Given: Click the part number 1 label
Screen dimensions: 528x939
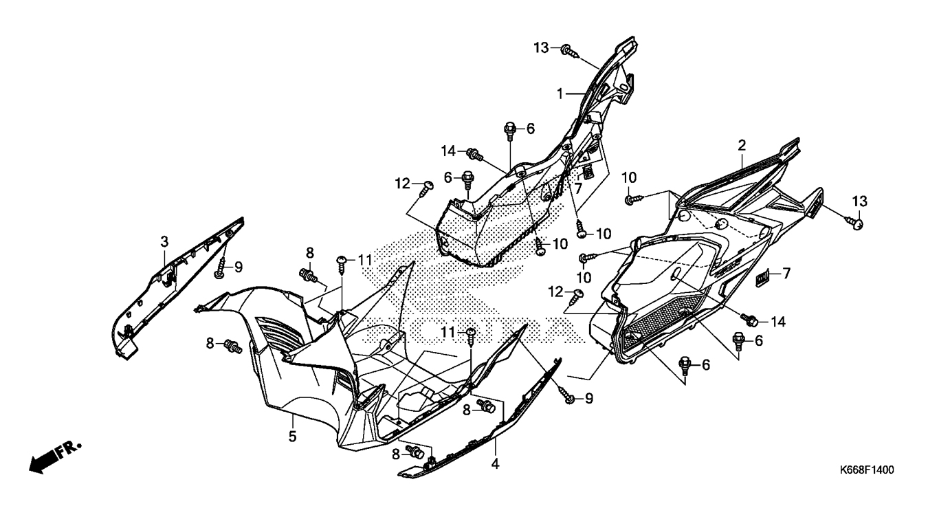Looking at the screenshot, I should click(560, 93).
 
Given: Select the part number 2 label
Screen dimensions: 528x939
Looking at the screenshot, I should click(742, 145).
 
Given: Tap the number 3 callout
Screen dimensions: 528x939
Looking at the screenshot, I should click(164, 241).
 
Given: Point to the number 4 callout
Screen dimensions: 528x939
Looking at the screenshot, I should click(495, 464).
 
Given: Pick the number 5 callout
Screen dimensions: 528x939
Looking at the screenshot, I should click(292, 436).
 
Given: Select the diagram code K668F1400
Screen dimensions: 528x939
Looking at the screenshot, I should click(866, 471).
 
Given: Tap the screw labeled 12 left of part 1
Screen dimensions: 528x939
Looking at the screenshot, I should click(426, 186).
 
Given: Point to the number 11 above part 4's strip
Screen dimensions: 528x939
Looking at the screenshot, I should click(449, 333).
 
